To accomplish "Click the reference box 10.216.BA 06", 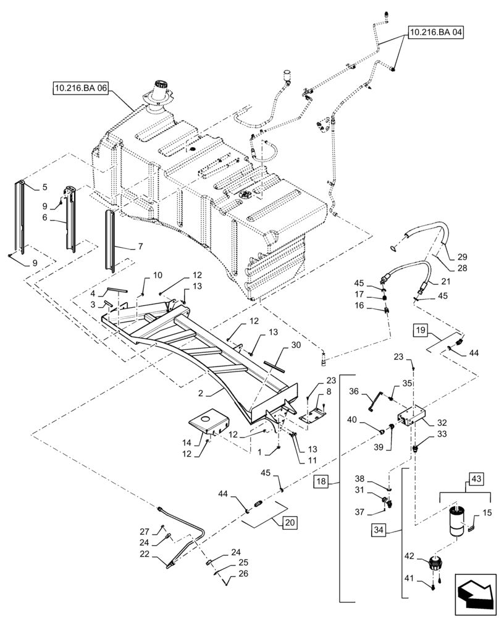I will pos(80,89).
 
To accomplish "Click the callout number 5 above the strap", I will pos(44,187).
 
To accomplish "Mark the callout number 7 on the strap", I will pos(140,246).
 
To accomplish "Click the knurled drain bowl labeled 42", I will pos(438,564).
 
